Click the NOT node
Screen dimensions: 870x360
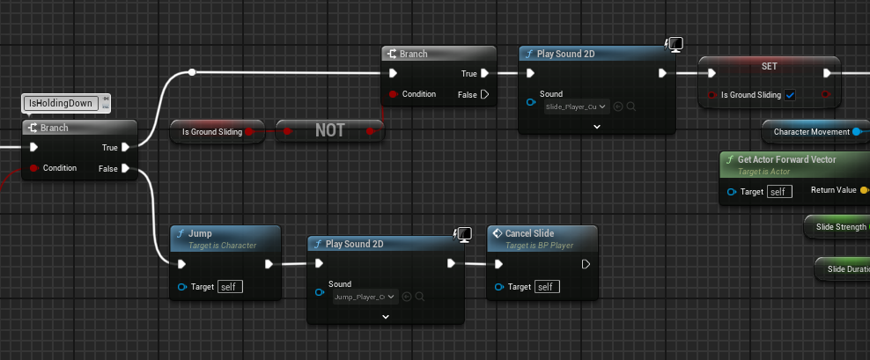(x=330, y=131)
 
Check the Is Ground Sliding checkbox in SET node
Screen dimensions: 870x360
(x=790, y=94)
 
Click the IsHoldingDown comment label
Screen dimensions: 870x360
(x=61, y=104)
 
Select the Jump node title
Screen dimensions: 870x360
(x=200, y=233)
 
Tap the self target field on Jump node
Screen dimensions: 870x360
(x=229, y=287)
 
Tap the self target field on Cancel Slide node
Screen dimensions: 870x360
(x=546, y=287)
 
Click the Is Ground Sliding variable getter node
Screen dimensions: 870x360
(x=211, y=131)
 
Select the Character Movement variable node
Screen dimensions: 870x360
(x=811, y=131)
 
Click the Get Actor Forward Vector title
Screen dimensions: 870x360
(x=786, y=159)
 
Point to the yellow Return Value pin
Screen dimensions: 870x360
(x=864, y=190)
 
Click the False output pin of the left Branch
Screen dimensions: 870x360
(x=126, y=168)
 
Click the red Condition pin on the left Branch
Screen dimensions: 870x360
(x=34, y=168)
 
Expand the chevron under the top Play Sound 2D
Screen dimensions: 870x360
(x=596, y=127)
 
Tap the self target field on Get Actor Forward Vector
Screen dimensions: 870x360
(x=779, y=191)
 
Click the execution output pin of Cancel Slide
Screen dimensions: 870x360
(x=586, y=263)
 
